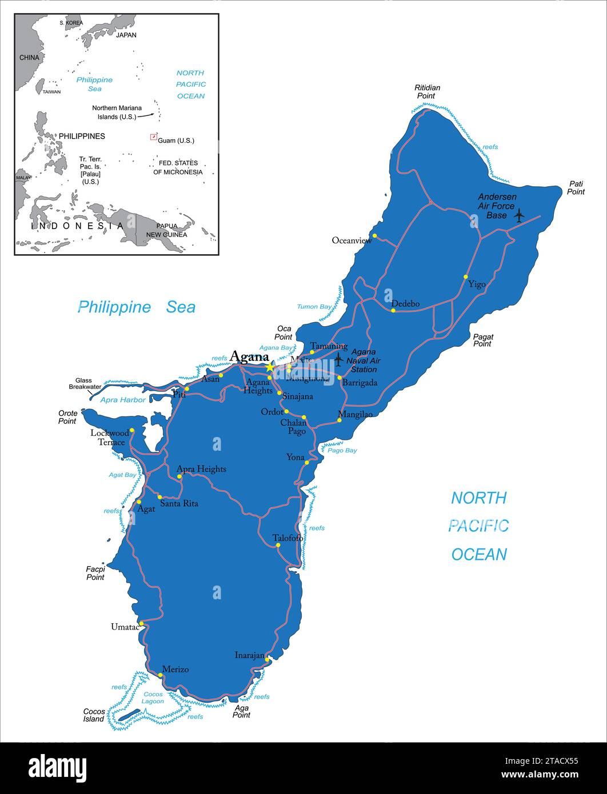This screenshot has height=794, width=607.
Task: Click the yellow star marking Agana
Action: [x=270, y=367]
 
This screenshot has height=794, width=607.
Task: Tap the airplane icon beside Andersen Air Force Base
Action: [x=519, y=215]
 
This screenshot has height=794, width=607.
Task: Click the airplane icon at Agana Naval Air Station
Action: [x=338, y=359]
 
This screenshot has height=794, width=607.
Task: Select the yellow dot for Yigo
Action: [x=465, y=277]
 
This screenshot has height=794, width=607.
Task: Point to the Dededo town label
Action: [x=405, y=303]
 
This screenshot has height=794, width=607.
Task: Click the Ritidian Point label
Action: [x=427, y=91]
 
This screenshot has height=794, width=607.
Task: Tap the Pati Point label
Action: [x=576, y=188]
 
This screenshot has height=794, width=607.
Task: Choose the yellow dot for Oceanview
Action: [x=374, y=235]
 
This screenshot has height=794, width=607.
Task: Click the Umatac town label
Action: [x=125, y=627]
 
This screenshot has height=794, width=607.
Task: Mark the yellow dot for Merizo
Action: [x=160, y=675]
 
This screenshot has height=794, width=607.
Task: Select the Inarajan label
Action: [x=250, y=655]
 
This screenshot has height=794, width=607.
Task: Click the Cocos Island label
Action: [x=94, y=715]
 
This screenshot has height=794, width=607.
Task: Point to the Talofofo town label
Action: [x=287, y=538]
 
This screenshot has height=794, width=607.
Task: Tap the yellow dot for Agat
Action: [x=138, y=502]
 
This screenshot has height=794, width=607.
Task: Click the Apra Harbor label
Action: [x=122, y=400]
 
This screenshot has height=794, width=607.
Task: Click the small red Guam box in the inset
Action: [x=153, y=137]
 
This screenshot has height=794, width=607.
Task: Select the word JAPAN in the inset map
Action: [x=126, y=35]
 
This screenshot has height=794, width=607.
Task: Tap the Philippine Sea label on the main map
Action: [x=137, y=307]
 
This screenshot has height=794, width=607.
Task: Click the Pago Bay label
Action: [x=342, y=450]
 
